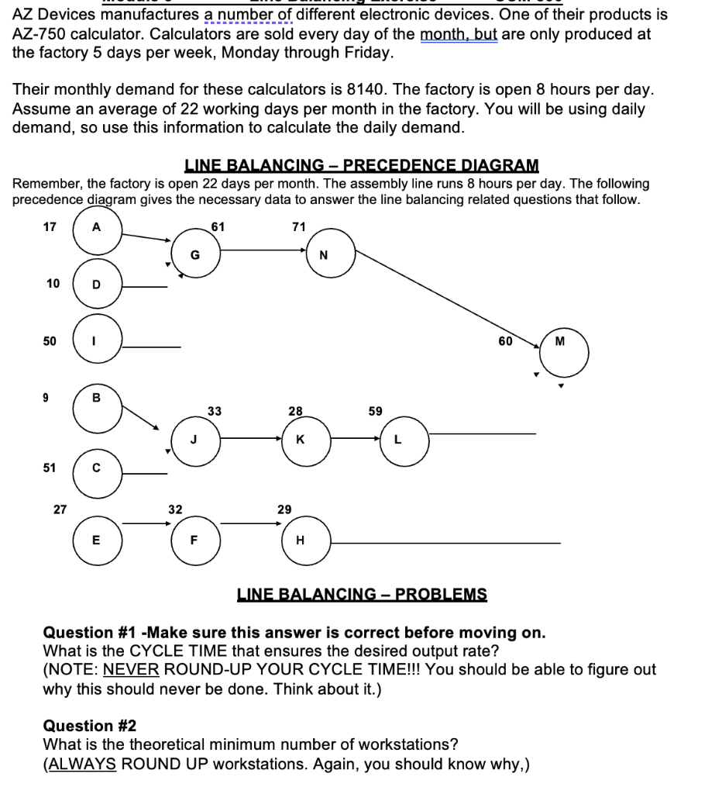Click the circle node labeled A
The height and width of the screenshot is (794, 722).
coord(97,230)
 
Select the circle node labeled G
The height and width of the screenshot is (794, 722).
coord(196,253)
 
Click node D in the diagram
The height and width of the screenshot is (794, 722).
coord(97,285)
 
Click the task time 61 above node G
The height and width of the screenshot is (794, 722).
coord(218,226)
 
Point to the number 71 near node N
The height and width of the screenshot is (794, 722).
coord(298,226)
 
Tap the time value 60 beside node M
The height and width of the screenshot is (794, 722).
coord(505,340)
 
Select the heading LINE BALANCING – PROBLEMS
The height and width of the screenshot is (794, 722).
coord(362,595)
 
